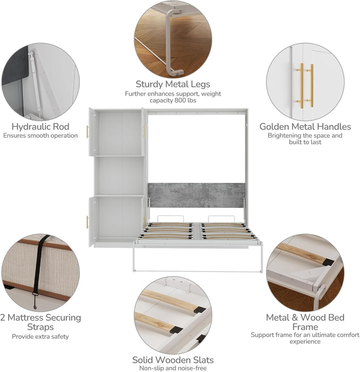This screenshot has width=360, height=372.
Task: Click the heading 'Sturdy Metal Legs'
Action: pyautogui.click(x=173, y=84)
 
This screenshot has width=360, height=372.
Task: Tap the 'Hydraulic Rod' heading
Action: pyautogui.click(x=40, y=126)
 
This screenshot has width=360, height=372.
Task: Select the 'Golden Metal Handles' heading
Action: pyautogui.click(x=305, y=126)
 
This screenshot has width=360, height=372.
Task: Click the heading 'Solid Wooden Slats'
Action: pyautogui.click(x=173, y=359)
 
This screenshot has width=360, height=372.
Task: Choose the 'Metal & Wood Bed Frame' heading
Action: pyautogui.click(x=305, y=322)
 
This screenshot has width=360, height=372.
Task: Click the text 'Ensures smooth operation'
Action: pyautogui.click(x=40, y=136)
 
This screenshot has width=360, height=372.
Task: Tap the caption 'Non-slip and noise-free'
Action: pyautogui.click(x=173, y=368)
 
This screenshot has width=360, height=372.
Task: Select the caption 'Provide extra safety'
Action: pyautogui.click(x=40, y=336)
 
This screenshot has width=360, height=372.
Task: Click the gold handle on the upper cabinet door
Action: pyautogui.click(x=88, y=132)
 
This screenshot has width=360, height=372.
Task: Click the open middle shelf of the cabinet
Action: pyautogui.click(x=118, y=176)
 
